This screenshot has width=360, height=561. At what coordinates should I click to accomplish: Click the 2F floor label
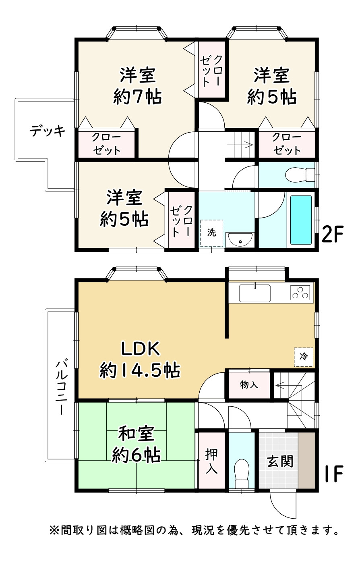click(333, 234)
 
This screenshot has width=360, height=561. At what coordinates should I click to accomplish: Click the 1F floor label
click(334, 474)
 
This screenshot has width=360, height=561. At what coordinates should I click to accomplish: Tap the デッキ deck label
click(47, 131)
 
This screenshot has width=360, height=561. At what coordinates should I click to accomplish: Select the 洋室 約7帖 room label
click(137, 86)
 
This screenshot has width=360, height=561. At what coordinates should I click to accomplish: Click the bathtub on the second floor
click(301, 220)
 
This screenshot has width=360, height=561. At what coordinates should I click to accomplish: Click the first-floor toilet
click(242, 473)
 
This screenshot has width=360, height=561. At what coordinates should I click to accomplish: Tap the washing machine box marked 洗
click(211, 233)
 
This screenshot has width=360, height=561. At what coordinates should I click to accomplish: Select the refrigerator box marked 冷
click(304, 357)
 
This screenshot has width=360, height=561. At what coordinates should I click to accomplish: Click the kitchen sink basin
click(254, 293)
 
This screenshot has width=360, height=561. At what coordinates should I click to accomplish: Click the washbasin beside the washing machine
click(240, 240)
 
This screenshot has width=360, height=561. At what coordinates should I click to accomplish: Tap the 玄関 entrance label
click(280, 461)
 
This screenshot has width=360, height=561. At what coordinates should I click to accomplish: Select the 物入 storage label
click(249, 384)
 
